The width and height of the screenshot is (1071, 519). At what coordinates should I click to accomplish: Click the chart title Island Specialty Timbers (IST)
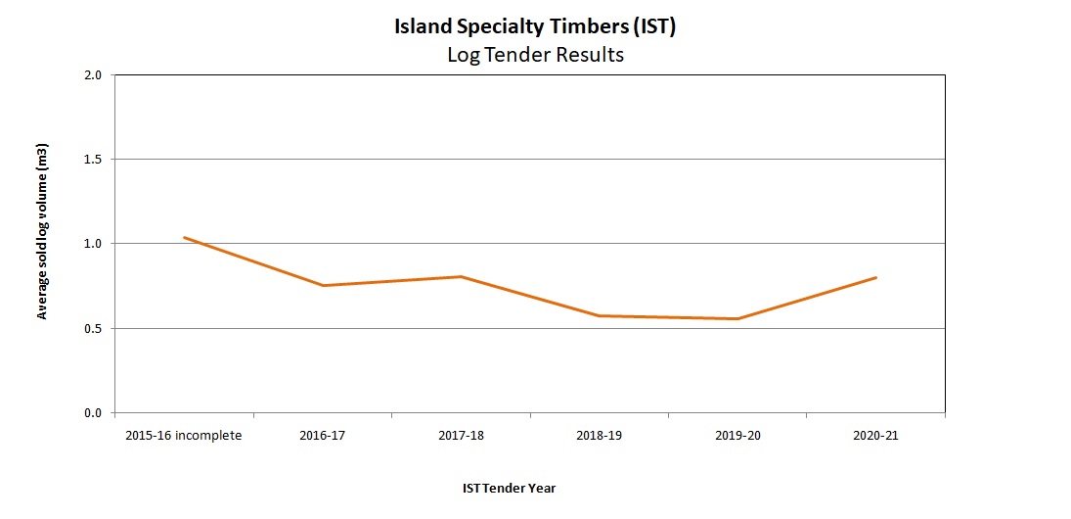point(535,26)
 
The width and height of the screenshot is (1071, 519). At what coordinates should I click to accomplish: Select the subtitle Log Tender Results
point(535,55)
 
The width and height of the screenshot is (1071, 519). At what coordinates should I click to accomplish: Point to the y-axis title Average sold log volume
point(42,232)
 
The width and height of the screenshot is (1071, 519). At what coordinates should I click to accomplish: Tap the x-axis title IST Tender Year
point(509,488)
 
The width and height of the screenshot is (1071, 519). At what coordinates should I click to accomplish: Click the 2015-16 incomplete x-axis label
point(184,436)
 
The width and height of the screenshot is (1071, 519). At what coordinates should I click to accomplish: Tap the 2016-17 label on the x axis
point(323,436)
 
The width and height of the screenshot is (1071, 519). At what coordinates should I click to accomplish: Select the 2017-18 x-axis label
point(461,436)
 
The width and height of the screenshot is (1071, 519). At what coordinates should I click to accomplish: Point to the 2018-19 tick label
point(599,436)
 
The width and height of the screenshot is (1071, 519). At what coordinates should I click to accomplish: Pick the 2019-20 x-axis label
point(737,436)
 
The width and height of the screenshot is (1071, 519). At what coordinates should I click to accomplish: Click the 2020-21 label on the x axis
point(875,436)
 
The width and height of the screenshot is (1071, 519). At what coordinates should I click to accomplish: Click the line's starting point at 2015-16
point(184,237)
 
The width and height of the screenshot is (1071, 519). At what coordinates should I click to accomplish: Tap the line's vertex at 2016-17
point(323,285)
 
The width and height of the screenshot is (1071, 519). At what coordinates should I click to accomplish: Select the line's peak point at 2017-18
point(461,276)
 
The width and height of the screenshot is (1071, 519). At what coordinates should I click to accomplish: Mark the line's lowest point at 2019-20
point(737,318)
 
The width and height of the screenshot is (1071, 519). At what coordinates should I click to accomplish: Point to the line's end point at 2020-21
point(875,277)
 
